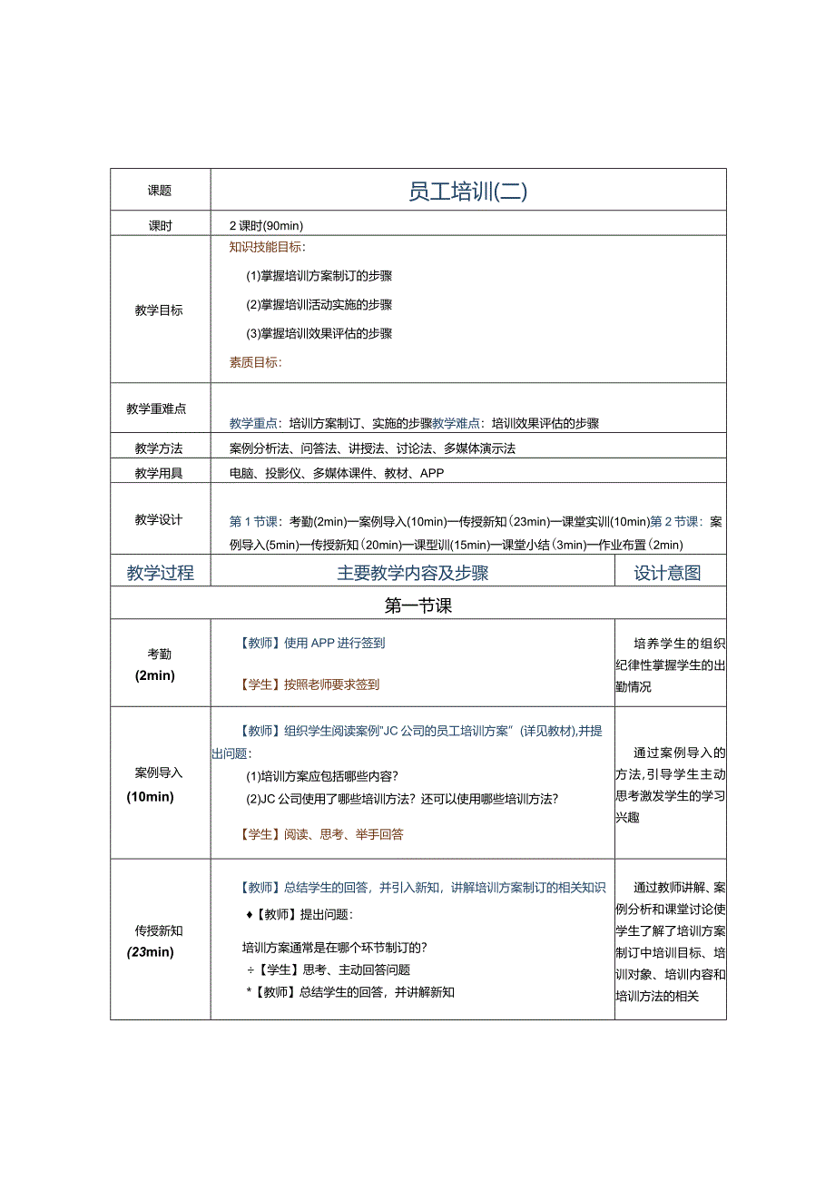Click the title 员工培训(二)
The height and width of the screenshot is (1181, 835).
click(467, 192)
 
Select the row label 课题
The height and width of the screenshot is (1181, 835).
click(160, 192)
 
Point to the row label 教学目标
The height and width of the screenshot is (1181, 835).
click(160, 310)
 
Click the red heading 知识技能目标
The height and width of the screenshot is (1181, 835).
click(267, 247)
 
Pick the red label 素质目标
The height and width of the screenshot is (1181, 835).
click(256, 362)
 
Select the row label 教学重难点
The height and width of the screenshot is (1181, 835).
click(156, 409)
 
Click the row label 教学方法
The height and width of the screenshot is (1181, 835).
click(160, 448)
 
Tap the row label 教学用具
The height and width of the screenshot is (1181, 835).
click(160, 473)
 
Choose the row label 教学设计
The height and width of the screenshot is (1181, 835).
click(160, 520)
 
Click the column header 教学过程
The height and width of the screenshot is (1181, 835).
click(160, 573)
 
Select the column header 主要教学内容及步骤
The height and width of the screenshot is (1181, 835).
click(413, 573)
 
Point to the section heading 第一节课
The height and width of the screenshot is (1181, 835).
click(417, 605)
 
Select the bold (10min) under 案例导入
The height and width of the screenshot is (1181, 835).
click(151, 796)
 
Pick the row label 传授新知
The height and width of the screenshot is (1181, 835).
click(160, 930)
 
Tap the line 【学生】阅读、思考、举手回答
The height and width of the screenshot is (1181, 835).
click(321, 834)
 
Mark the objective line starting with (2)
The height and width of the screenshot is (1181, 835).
click(319, 305)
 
